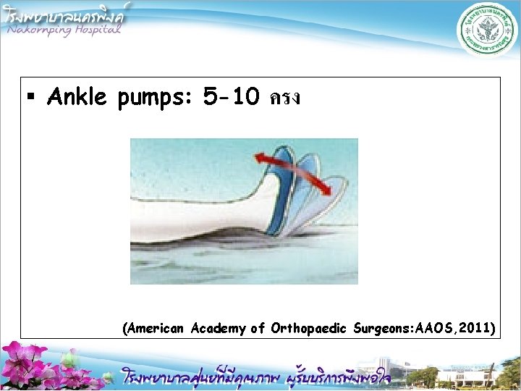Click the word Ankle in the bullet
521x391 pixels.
click(79, 97)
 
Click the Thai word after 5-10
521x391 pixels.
click(284, 98)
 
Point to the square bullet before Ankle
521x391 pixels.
click(31, 98)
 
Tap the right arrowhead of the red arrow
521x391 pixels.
click(326, 190)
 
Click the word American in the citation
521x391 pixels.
click(156, 328)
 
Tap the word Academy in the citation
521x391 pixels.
click(219, 329)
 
